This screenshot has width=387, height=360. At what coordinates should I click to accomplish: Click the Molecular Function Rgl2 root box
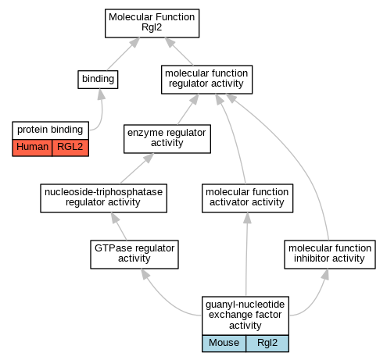(x=152, y=23)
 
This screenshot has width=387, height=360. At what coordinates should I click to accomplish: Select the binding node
(x=98, y=80)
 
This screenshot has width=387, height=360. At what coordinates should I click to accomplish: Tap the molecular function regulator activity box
(x=206, y=80)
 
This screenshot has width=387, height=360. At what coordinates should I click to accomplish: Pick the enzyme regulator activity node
(x=167, y=139)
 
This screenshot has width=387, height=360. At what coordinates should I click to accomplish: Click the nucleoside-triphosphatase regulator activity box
(x=103, y=198)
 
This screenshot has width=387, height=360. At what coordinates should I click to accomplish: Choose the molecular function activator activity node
(x=247, y=198)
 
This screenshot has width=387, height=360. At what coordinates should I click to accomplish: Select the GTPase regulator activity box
(x=134, y=255)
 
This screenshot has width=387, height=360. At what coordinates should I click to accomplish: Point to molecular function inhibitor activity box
(x=330, y=255)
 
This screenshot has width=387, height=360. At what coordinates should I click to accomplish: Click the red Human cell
(x=32, y=148)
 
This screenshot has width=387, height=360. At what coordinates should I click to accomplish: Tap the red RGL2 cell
(x=70, y=148)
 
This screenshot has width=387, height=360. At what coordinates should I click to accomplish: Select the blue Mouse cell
(x=224, y=344)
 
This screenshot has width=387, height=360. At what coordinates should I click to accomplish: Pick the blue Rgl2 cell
(x=267, y=344)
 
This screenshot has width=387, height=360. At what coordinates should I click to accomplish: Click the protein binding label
(x=50, y=130)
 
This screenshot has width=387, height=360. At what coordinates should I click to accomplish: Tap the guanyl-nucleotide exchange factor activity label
(x=245, y=315)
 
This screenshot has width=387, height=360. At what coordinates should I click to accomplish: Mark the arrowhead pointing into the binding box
(x=101, y=94)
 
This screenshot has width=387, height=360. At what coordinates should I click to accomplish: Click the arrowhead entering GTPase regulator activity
(x=145, y=274)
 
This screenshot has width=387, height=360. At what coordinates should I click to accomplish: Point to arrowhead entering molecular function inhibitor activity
(x=325, y=274)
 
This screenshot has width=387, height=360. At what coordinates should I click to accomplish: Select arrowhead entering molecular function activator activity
(x=247, y=218)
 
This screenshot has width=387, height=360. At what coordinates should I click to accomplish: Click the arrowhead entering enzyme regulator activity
(x=149, y=158)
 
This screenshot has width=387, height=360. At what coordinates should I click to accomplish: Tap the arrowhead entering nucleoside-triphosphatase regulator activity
(x=115, y=218)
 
